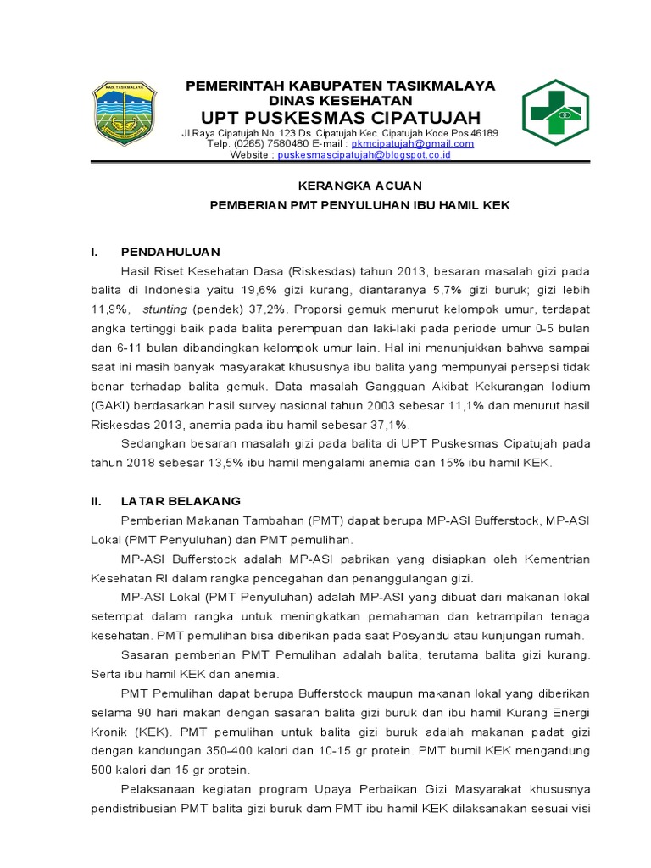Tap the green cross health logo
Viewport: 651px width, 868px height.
click(x=559, y=113)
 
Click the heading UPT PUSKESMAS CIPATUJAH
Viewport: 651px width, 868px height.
click(x=341, y=116)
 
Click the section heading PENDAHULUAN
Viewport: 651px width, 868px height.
click(x=170, y=252)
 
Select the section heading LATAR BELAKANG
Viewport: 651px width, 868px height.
click(x=181, y=501)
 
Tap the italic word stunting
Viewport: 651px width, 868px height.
click(x=164, y=309)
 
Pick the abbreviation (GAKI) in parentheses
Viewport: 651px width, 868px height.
click(x=112, y=406)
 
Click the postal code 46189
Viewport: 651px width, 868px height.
click(x=484, y=133)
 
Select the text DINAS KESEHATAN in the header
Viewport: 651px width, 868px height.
click(x=340, y=100)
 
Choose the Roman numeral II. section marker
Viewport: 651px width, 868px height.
click(x=97, y=501)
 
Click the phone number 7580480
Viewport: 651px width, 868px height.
click(x=277, y=144)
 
